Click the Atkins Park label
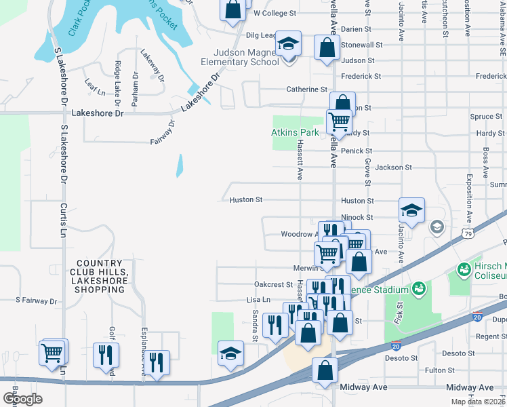tap(295, 132)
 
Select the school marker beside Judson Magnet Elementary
tap(288, 46)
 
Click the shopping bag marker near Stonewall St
tap(327, 48)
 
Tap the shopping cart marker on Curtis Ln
tap(54, 351)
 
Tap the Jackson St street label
tap(393, 167)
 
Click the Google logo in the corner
tap(22, 399)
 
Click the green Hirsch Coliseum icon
tap(464, 269)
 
